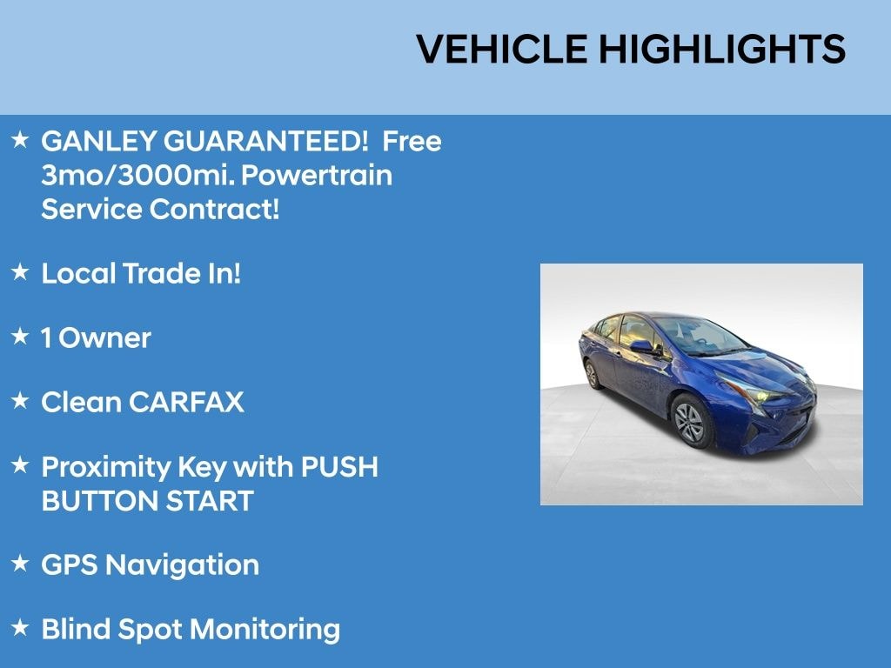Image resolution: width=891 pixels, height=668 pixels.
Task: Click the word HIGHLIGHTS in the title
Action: [x=721, y=50]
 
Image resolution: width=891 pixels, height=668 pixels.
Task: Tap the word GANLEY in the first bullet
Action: [x=98, y=141]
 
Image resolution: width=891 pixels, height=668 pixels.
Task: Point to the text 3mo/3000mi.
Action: [x=137, y=176]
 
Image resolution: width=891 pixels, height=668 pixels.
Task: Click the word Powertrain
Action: [x=316, y=176]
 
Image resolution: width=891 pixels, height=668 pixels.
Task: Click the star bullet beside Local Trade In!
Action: [x=20, y=272]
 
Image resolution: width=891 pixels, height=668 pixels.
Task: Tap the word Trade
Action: [x=162, y=274]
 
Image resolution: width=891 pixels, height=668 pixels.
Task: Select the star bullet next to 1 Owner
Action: [x=20, y=337]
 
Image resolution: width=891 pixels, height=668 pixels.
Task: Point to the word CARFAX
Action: [x=186, y=403]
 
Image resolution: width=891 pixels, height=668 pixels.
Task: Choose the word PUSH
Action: [x=339, y=467]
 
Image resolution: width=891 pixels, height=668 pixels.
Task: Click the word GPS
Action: [x=70, y=565]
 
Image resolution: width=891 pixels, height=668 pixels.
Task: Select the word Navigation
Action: [x=182, y=565]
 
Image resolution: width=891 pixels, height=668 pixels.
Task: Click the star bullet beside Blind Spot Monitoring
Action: [x=20, y=627]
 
